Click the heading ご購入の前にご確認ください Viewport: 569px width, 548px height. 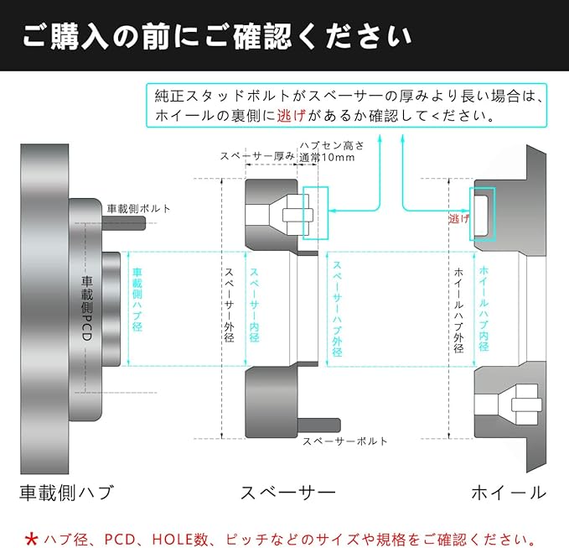tap(217, 36)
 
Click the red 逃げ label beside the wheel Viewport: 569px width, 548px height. tap(458, 219)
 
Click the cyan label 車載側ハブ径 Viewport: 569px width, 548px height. tap(137, 300)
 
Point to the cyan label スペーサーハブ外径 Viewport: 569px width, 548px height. tap(337, 309)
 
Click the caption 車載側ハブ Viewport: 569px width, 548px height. tap(65, 492)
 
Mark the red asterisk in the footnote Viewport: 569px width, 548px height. tap(32, 537)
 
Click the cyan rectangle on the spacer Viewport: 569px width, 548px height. tap(316, 212)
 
